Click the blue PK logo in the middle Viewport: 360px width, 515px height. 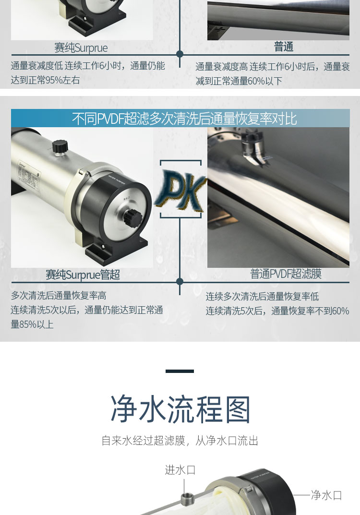[180, 190]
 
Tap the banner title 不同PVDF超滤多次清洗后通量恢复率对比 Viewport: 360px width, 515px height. [184, 119]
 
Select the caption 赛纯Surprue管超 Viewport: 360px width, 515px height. [83, 275]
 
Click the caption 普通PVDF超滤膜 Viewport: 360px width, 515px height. [286, 273]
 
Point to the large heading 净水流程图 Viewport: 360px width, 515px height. [180, 409]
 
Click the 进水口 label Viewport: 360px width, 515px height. [180, 470]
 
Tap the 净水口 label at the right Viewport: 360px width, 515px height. [326, 495]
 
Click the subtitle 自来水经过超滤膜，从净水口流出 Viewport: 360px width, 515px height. [180, 441]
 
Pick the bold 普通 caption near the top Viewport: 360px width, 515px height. [284, 47]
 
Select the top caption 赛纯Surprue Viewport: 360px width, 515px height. [81, 48]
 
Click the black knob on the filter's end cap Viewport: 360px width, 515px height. [132, 217]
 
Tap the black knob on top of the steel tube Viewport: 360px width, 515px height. [60, 146]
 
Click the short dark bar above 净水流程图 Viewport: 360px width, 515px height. [180, 371]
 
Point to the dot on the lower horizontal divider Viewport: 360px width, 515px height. [180, 281]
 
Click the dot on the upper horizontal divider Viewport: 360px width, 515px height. [180, 54]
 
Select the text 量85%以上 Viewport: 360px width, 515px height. [32, 324]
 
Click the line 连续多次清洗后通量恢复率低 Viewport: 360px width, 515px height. [262, 297]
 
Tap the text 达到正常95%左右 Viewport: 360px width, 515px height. [45, 80]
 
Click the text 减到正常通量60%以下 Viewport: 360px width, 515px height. [239, 81]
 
